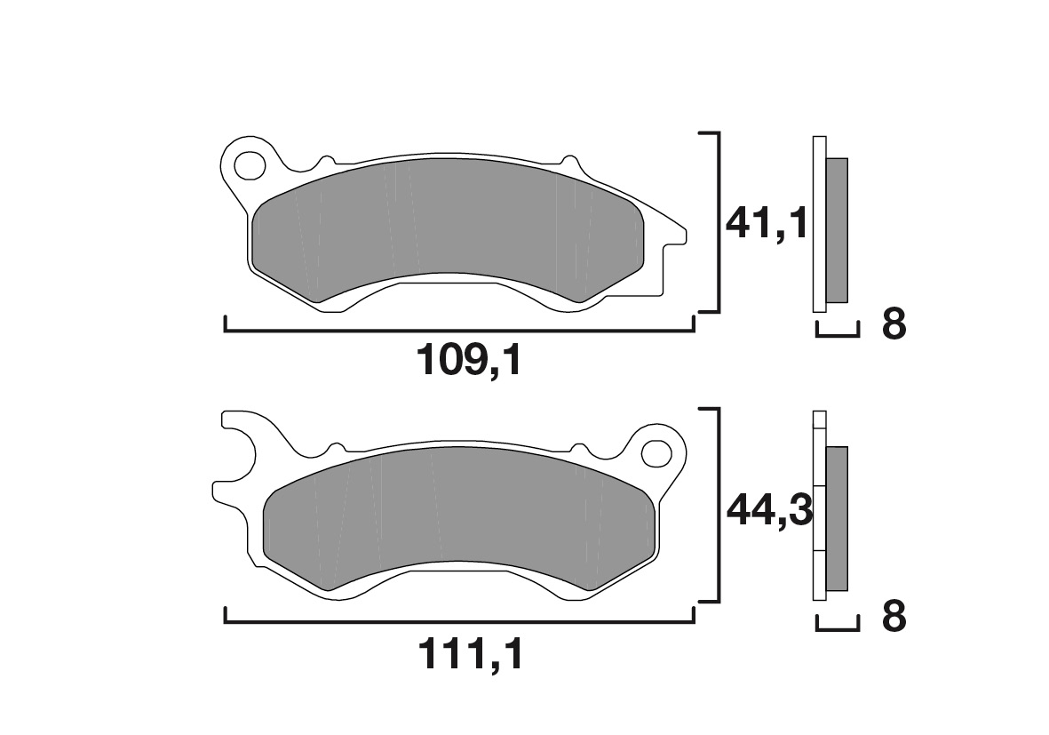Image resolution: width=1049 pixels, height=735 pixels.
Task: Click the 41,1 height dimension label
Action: (766, 223)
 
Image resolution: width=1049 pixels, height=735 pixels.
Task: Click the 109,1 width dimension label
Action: (468, 361)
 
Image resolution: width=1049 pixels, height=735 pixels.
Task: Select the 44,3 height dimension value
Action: (768, 510)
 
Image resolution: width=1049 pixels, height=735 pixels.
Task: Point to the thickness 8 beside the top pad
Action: (894, 325)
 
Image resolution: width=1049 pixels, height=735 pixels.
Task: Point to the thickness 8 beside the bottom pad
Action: (894, 617)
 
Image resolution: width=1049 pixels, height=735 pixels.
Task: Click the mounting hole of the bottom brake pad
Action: (657, 451)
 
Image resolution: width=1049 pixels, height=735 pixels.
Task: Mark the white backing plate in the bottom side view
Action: (819, 511)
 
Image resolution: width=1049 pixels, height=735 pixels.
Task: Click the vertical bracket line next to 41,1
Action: (716, 222)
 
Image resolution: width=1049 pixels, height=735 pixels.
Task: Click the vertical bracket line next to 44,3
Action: (716, 507)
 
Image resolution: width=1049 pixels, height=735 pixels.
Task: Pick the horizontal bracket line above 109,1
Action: (459, 331)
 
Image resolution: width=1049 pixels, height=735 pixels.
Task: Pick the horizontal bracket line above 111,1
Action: (459, 621)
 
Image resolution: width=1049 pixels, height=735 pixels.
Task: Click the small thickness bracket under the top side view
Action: (838, 335)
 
